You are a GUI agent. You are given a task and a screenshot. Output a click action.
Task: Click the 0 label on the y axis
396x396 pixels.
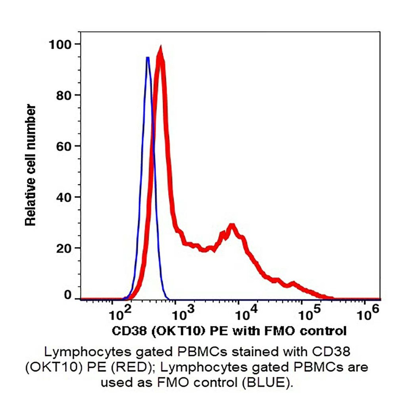[x=68, y=295]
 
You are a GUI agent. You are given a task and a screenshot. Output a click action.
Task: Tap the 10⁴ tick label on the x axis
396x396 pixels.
[x=246, y=315]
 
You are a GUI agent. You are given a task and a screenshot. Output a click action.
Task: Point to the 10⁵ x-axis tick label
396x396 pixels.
[x=309, y=315]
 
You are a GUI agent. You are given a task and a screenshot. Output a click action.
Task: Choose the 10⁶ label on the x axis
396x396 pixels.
[x=372, y=315]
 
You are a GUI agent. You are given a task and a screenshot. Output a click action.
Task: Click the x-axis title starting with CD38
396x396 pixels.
[x=229, y=331]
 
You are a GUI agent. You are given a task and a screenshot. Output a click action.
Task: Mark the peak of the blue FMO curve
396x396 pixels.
[x=148, y=58]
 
